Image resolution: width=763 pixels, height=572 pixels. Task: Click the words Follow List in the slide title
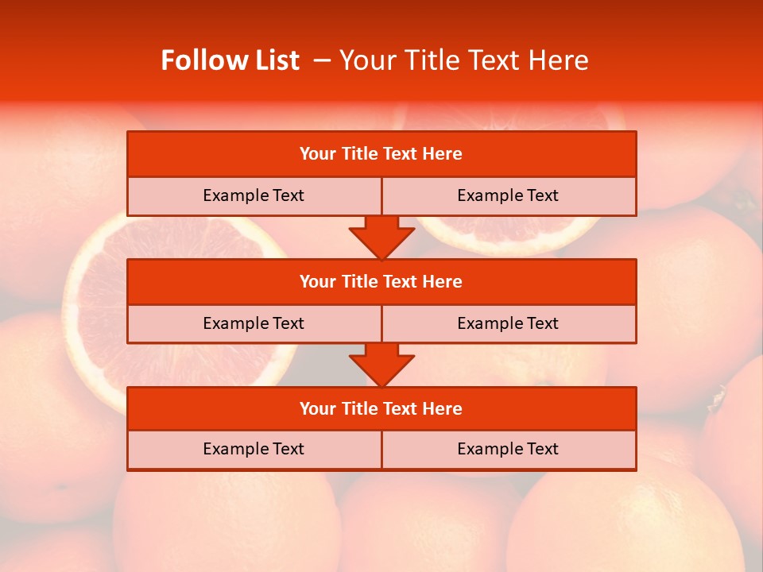(230, 60)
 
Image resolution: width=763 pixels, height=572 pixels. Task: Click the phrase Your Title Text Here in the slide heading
(463, 60)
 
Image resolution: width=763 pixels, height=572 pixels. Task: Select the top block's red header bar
(381, 154)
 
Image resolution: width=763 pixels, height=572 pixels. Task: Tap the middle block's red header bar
(381, 281)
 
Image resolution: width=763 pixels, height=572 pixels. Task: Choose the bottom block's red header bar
(381, 408)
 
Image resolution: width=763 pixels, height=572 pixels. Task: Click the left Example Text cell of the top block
(254, 195)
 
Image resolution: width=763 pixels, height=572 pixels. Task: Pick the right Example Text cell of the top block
(508, 195)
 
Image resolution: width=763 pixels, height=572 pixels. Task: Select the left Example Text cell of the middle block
(254, 323)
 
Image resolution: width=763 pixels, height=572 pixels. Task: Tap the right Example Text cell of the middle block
(508, 323)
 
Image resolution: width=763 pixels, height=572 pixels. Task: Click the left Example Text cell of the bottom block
(254, 449)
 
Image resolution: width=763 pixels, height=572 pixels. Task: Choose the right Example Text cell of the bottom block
(508, 449)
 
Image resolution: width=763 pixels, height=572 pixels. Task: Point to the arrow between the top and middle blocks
(381, 238)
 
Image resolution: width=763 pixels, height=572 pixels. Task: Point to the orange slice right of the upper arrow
(509, 234)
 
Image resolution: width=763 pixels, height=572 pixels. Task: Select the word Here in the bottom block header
(442, 408)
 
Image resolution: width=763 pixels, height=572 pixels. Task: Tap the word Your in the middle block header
(317, 281)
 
